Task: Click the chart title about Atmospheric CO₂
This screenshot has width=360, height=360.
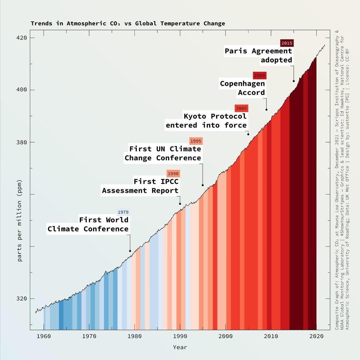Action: pos(128,23)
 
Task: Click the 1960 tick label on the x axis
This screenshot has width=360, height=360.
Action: pos(44,336)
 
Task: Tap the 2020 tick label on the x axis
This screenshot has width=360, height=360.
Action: pos(316,336)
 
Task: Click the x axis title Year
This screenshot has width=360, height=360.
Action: pos(180,347)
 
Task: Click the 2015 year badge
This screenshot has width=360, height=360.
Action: pos(287,43)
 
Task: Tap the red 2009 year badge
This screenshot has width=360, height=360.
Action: pos(259,75)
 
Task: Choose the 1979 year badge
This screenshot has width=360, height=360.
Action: pos(123,212)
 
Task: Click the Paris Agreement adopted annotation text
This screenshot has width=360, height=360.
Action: pos(259,55)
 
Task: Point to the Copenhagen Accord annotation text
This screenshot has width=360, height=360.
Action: pos(243,88)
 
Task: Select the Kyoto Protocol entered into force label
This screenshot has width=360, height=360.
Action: pos(206,121)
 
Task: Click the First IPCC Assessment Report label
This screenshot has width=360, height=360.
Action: pos(140,186)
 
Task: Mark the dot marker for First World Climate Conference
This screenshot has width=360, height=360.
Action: pos(130,251)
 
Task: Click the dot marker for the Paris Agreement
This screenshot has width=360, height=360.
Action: pos(294,81)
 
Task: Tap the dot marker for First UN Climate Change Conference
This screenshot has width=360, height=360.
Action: pos(202,185)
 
